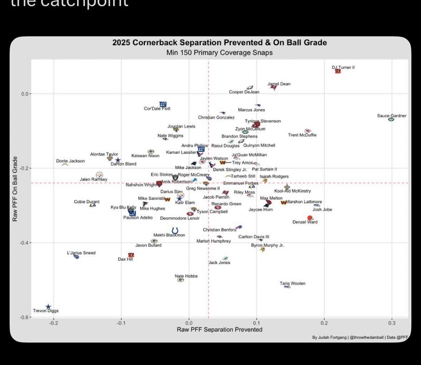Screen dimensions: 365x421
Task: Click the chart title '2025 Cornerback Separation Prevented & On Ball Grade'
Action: coord(219,43)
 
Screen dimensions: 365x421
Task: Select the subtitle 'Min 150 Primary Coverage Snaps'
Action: coord(219,53)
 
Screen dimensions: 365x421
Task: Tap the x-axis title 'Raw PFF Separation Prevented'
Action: coord(219,329)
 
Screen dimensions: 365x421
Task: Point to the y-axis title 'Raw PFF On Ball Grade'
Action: coord(15,189)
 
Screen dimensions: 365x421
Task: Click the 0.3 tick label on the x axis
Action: coord(391,323)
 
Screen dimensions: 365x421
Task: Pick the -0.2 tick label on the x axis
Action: coord(54,323)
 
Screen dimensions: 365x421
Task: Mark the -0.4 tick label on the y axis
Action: coord(25,243)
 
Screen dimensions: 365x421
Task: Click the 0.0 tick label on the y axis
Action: coord(25,94)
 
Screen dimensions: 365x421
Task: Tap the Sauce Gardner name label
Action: coord(391,115)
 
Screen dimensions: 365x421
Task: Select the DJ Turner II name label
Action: coord(343,67)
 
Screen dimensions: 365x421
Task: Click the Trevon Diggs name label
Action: coord(46,311)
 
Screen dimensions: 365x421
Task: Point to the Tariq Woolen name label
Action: coord(292,283)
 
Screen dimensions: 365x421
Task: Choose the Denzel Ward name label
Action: coord(305,222)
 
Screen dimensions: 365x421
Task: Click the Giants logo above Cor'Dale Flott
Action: coord(162,104)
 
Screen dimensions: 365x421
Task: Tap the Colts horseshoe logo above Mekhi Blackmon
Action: coord(175,231)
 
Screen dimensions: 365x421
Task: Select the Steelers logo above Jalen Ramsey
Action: coord(99,175)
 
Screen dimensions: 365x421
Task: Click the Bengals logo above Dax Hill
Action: coord(131,255)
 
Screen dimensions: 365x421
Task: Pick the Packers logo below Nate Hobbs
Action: coord(180,280)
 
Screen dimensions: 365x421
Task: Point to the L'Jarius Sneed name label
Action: coord(81,253)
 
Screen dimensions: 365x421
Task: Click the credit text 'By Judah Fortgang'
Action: coord(329,337)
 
